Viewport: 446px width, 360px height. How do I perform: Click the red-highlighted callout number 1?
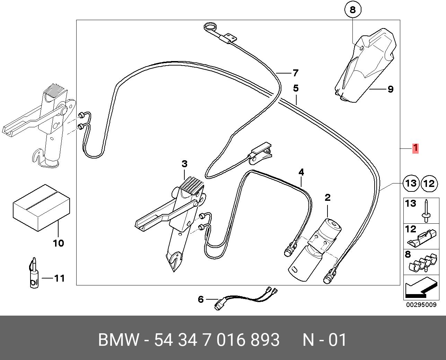tap(415, 148)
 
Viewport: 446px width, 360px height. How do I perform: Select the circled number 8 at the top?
tap(352, 10)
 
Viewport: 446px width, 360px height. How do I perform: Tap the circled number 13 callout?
tap(411, 183)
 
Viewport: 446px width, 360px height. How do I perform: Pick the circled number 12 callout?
tap(429, 183)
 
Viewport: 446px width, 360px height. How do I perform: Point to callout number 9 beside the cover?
tap(390, 89)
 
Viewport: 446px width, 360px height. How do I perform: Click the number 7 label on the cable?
tap(295, 73)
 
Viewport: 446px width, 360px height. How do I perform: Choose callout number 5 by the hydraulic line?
tap(295, 88)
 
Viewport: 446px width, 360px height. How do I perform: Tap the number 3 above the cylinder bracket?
tap(184, 164)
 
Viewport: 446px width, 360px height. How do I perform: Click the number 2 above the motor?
tap(327, 198)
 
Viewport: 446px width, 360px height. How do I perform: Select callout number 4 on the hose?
tap(301, 172)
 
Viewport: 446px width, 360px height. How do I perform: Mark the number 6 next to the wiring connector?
tap(201, 299)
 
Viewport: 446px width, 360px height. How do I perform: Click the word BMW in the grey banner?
tap(119, 340)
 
